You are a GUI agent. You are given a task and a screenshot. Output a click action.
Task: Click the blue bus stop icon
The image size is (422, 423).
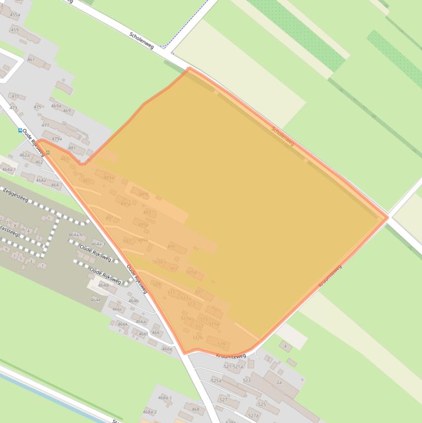point(20,131)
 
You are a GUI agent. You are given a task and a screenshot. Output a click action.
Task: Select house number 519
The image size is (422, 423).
point(221,344)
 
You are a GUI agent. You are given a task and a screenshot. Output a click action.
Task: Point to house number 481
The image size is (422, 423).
point(72,148)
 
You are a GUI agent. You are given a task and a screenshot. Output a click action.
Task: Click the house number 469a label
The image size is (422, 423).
point(56,106)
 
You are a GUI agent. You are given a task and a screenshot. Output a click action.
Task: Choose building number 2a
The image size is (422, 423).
point(279,382)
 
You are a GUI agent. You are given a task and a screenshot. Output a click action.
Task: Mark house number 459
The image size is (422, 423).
point(14,30)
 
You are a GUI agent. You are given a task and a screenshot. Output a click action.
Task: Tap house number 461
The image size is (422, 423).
point(31,59)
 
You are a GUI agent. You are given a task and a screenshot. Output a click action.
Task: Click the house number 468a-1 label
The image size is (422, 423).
point(165,397)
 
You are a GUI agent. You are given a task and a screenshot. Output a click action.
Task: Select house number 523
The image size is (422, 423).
point(246,380)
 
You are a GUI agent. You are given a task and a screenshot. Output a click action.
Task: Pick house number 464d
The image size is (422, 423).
point(103,285)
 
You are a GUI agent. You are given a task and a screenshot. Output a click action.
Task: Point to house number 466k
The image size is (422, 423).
point(122,324)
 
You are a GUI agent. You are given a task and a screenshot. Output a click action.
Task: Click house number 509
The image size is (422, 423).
point(156,284)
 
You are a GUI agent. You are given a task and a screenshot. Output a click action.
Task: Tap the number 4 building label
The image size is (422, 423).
point(285,346)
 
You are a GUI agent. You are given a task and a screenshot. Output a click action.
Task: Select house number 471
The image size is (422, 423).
point(15,96)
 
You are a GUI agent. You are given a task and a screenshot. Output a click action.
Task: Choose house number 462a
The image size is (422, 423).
point(24,155)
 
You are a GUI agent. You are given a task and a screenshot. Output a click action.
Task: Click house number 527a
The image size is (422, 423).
point(253,416)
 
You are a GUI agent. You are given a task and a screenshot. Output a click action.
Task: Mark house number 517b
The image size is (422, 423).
point(198,337)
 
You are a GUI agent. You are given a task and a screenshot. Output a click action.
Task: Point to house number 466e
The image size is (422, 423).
point(167,349)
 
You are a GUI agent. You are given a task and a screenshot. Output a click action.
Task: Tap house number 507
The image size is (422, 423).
point(199,292)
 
